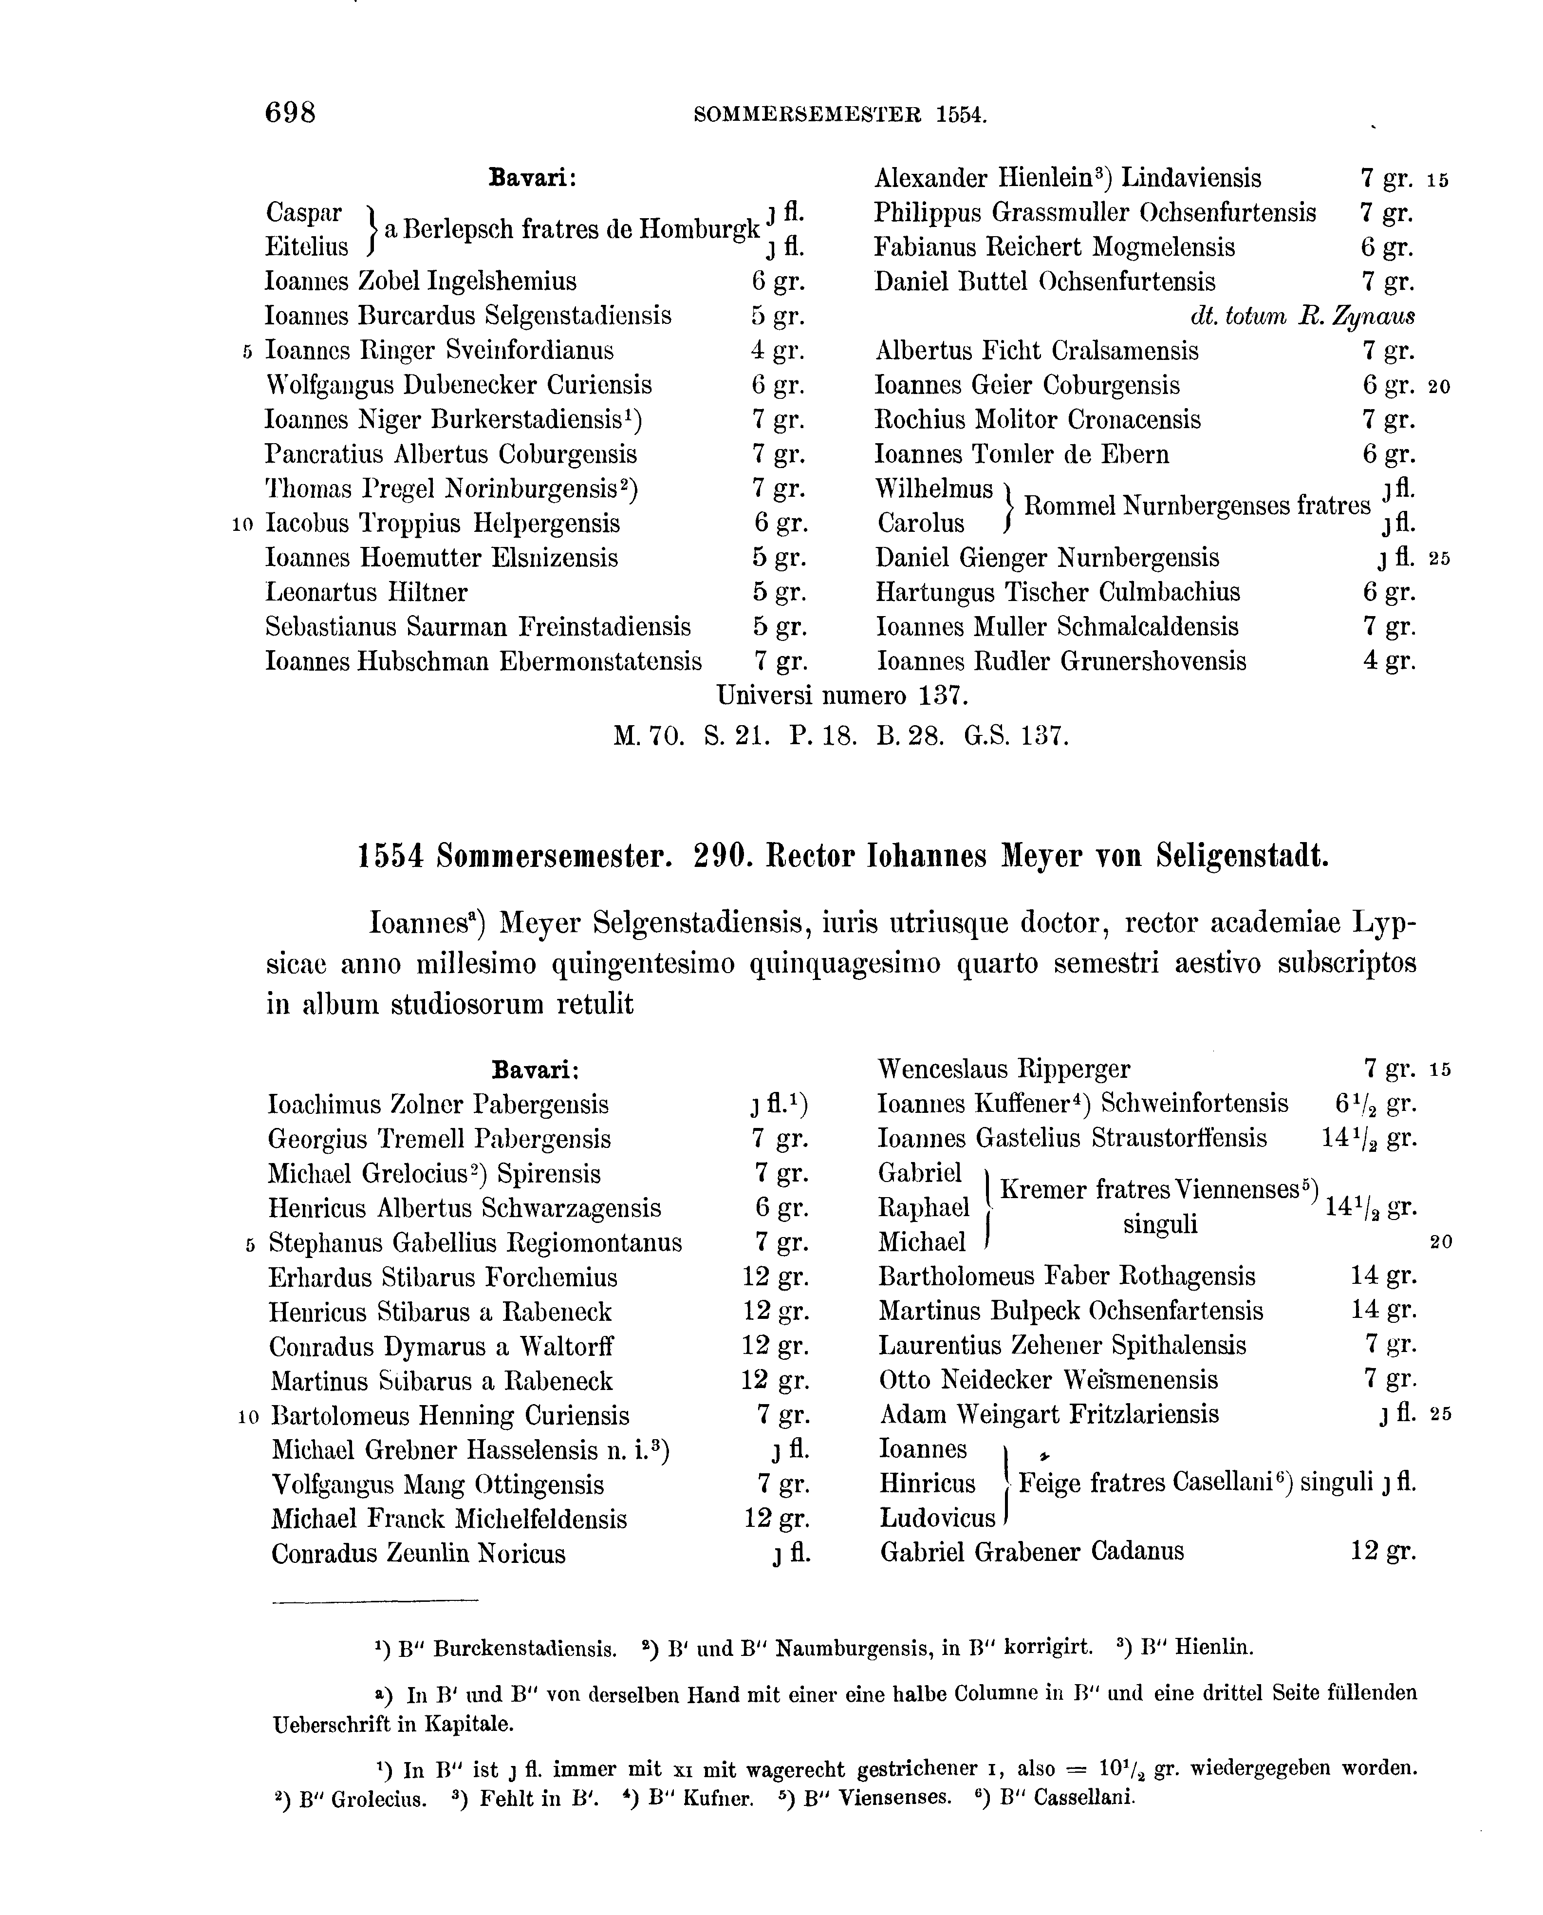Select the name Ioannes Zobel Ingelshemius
tap(420, 282)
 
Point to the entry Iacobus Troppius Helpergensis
tap(443, 524)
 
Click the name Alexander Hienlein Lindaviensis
tap(1067, 179)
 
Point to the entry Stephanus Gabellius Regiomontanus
tap(476, 1243)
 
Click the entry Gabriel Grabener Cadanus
tap(1031, 1552)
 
